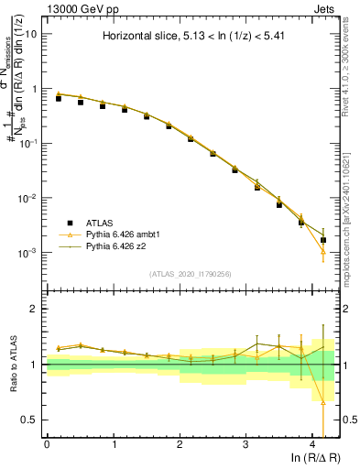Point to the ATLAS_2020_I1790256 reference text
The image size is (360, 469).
coord(190,274)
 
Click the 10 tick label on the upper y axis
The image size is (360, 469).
coord(30,34)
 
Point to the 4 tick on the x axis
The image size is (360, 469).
coord(311,444)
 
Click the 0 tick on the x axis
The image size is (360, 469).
coord(47,444)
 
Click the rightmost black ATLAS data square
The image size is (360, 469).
coord(322,240)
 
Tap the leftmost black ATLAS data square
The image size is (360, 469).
coord(59,98)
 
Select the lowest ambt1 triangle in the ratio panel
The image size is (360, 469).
coord(322,401)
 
